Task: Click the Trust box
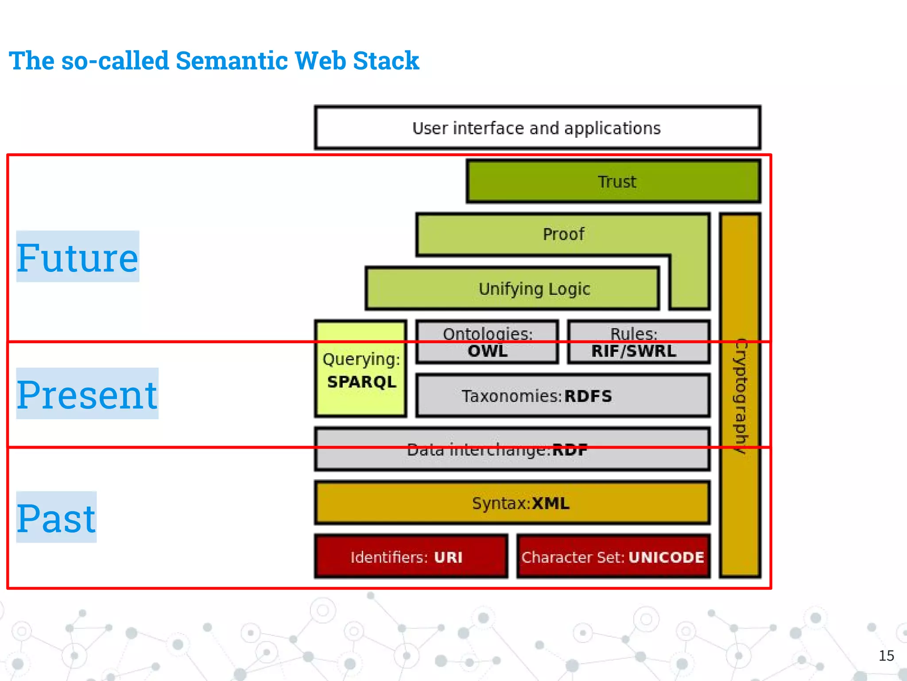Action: (x=613, y=182)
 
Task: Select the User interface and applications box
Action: (x=537, y=128)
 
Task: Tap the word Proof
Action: (x=563, y=234)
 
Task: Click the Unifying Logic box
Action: (x=512, y=289)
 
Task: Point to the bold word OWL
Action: (x=488, y=352)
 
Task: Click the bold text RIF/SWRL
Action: (x=634, y=352)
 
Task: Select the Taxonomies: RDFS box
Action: (x=562, y=396)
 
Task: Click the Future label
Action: (x=78, y=257)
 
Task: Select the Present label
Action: (x=87, y=394)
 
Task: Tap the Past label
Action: (x=56, y=518)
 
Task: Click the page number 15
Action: (x=886, y=656)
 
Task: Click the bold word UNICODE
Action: (x=666, y=557)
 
